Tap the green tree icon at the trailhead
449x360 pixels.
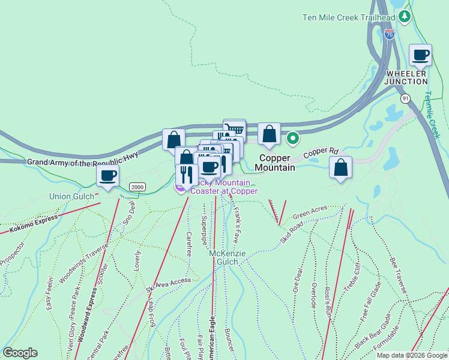pyautogui.click(x=405, y=16)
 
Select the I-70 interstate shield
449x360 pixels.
pyautogui.click(x=389, y=34)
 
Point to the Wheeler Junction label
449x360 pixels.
pyautogui.click(x=406, y=77)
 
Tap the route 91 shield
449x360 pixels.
pyautogui.click(x=406, y=98)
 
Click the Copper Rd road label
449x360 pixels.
pyautogui.click(x=321, y=153)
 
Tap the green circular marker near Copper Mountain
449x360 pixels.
pyautogui.click(x=293, y=139)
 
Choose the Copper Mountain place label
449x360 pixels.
pyautogui.click(x=277, y=163)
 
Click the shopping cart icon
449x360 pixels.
pyautogui.click(x=234, y=129)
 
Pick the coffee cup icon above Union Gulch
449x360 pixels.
pyautogui.click(x=108, y=176)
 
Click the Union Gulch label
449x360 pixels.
pyautogui.click(x=71, y=197)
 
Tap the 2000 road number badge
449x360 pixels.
pyautogui.click(x=137, y=187)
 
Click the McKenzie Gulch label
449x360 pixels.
pyautogui.click(x=228, y=257)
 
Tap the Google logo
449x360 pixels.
pyautogui.click(x=20, y=353)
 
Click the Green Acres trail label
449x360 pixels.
pyautogui.click(x=310, y=212)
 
